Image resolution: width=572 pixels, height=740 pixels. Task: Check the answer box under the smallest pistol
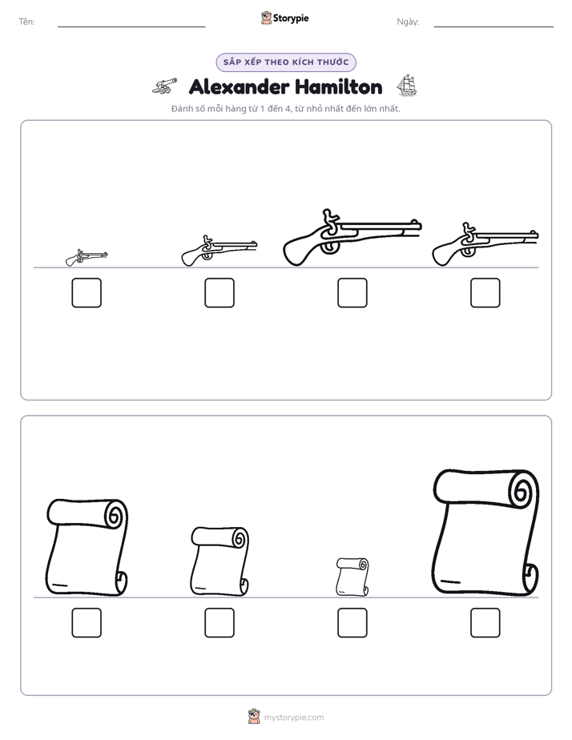pyautogui.click(x=87, y=292)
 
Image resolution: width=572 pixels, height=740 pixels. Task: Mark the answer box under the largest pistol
pyautogui.click(x=352, y=292)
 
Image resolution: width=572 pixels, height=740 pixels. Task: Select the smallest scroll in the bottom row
pyautogui.click(x=352, y=577)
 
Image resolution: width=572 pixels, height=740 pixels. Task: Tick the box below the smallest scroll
pyautogui.click(x=352, y=623)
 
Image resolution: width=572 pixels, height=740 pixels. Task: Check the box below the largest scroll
pyautogui.click(x=485, y=623)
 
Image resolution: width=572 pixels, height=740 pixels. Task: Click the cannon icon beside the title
pyautogui.click(x=165, y=86)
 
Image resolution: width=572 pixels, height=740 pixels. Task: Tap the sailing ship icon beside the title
pyautogui.click(x=406, y=86)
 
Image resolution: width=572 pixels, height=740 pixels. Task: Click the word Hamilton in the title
pyautogui.click(x=338, y=86)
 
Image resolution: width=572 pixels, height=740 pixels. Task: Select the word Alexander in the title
pyautogui.click(x=239, y=86)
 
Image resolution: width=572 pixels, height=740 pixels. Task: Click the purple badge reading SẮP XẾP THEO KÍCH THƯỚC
pyautogui.click(x=286, y=62)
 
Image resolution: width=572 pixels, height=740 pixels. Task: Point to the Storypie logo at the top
pyautogui.click(x=285, y=18)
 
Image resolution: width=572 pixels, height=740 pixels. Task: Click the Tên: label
pyautogui.click(x=26, y=22)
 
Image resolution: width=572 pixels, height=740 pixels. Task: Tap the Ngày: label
pyautogui.click(x=408, y=22)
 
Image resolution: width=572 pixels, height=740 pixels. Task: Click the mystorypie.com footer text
pyautogui.click(x=293, y=718)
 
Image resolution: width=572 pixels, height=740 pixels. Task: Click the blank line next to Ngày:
pyautogui.click(x=493, y=27)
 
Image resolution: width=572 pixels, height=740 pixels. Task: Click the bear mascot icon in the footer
pyautogui.click(x=254, y=717)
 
